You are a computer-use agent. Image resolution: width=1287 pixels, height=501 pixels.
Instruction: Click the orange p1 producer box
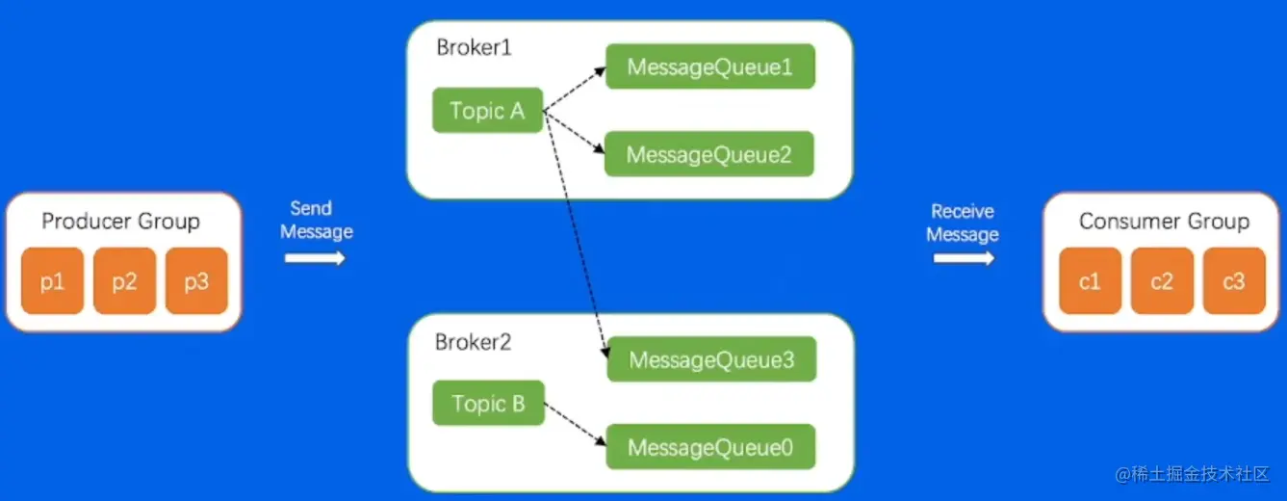(53, 281)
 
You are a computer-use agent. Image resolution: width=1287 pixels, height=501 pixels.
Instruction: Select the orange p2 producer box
(124, 281)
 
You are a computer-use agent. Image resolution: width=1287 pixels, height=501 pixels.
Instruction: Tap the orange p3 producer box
(196, 281)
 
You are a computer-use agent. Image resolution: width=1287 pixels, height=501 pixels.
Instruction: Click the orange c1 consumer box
(1090, 281)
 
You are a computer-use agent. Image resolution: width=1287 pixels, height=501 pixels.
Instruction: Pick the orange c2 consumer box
(1162, 281)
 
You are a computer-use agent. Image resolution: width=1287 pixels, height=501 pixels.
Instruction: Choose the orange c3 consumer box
(1233, 281)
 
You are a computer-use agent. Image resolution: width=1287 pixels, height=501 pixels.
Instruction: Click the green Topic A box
(487, 111)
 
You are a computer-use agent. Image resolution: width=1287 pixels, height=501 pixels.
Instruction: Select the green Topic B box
(488, 404)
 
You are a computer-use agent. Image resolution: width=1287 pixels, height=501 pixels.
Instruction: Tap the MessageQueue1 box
(710, 67)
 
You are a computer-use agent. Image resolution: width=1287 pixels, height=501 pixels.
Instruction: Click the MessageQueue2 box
(709, 154)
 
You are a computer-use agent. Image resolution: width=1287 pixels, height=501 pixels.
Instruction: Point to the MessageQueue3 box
(711, 359)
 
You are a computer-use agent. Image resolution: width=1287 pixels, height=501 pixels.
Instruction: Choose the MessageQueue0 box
(711, 447)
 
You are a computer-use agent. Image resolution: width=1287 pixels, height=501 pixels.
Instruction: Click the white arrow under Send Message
(315, 258)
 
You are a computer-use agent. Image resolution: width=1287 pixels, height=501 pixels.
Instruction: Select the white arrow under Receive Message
(964, 258)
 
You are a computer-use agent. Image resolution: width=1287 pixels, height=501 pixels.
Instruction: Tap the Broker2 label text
(473, 342)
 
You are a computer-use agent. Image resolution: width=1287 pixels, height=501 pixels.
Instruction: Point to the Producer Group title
(120, 222)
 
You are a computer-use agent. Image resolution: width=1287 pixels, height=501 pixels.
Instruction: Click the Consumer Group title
(1164, 222)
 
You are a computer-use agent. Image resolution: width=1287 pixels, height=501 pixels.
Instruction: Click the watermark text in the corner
(1193, 474)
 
